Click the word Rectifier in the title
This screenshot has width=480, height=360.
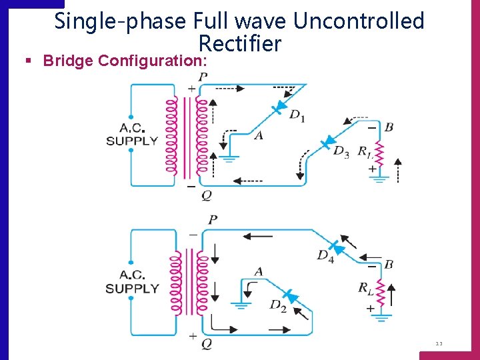(x=240, y=44)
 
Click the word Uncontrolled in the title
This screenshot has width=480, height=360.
(x=359, y=21)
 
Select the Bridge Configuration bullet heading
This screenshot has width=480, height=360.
(x=125, y=61)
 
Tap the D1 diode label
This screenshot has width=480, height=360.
(x=297, y=116)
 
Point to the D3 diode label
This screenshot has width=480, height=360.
(x=341, y=151)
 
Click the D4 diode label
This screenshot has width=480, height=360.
(x=325, y=255)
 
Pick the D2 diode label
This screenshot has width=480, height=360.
(x=278, y=305)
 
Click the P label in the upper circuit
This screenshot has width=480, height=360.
(x=203, y=77)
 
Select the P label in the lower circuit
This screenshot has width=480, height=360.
(x=213, y=220)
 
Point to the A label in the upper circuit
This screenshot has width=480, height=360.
(x=258, y=135)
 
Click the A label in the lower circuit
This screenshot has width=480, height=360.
(x=258, y=271)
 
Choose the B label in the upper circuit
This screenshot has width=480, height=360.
(x=389, y=127)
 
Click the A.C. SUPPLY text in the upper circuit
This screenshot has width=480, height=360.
(x=132, y=134)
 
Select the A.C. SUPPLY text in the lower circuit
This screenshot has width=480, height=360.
(x=132, y=282)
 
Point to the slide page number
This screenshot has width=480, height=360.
(x=439, y=344)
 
